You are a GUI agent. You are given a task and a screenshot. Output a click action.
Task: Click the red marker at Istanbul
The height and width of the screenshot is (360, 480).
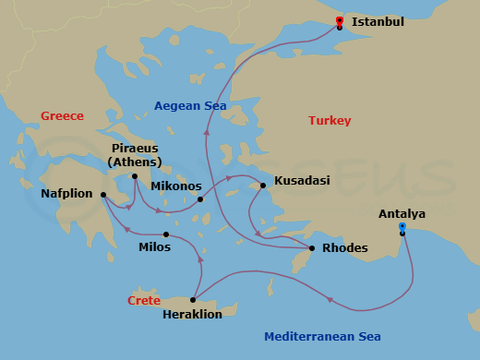(x=340, y=21)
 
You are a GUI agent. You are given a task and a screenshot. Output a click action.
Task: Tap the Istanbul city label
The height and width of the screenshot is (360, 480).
(x=378, y=21)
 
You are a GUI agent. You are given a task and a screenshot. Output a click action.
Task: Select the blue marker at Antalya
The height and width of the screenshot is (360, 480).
(x=402, y=227)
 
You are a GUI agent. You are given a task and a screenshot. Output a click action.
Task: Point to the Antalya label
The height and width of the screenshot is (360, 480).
(x=402, y=214)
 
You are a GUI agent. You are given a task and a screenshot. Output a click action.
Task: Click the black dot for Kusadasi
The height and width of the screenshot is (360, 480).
(x=263, y=186)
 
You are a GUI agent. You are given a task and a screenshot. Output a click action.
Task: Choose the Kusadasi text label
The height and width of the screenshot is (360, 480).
(x=302, y=181)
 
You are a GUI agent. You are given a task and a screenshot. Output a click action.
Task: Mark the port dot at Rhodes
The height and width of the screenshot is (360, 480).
(x=312, y=248)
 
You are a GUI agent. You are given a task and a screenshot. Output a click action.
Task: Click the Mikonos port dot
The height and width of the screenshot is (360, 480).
(x=200, y=198)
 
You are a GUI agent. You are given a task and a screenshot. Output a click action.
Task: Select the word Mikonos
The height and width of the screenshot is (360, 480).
(x=175, y=186)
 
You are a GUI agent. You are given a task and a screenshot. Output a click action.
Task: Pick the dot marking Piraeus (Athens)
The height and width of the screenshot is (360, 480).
(x=135, y=176)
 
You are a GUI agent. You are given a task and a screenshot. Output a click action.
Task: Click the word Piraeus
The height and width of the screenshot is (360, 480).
(x=135, y=149)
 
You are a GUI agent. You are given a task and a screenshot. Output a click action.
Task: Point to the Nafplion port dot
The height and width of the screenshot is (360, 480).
(x=102, y=195)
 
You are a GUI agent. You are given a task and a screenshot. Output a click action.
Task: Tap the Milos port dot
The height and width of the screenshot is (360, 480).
(x=166, y=234)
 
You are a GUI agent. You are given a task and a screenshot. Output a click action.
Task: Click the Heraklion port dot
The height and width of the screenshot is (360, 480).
(x=192, y=300)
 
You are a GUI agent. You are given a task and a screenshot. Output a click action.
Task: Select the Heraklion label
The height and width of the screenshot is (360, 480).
(x=192, y=314)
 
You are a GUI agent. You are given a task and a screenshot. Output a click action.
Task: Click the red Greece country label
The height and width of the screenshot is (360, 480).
(x=62, y=116)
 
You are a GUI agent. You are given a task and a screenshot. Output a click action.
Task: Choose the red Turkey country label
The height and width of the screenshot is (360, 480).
(x=330, y=121)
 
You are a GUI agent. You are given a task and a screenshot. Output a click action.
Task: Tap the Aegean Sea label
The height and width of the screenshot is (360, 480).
(x=190, y=106)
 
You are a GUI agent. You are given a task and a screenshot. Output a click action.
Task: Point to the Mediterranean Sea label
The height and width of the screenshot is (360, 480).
(x=322, y=337)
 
